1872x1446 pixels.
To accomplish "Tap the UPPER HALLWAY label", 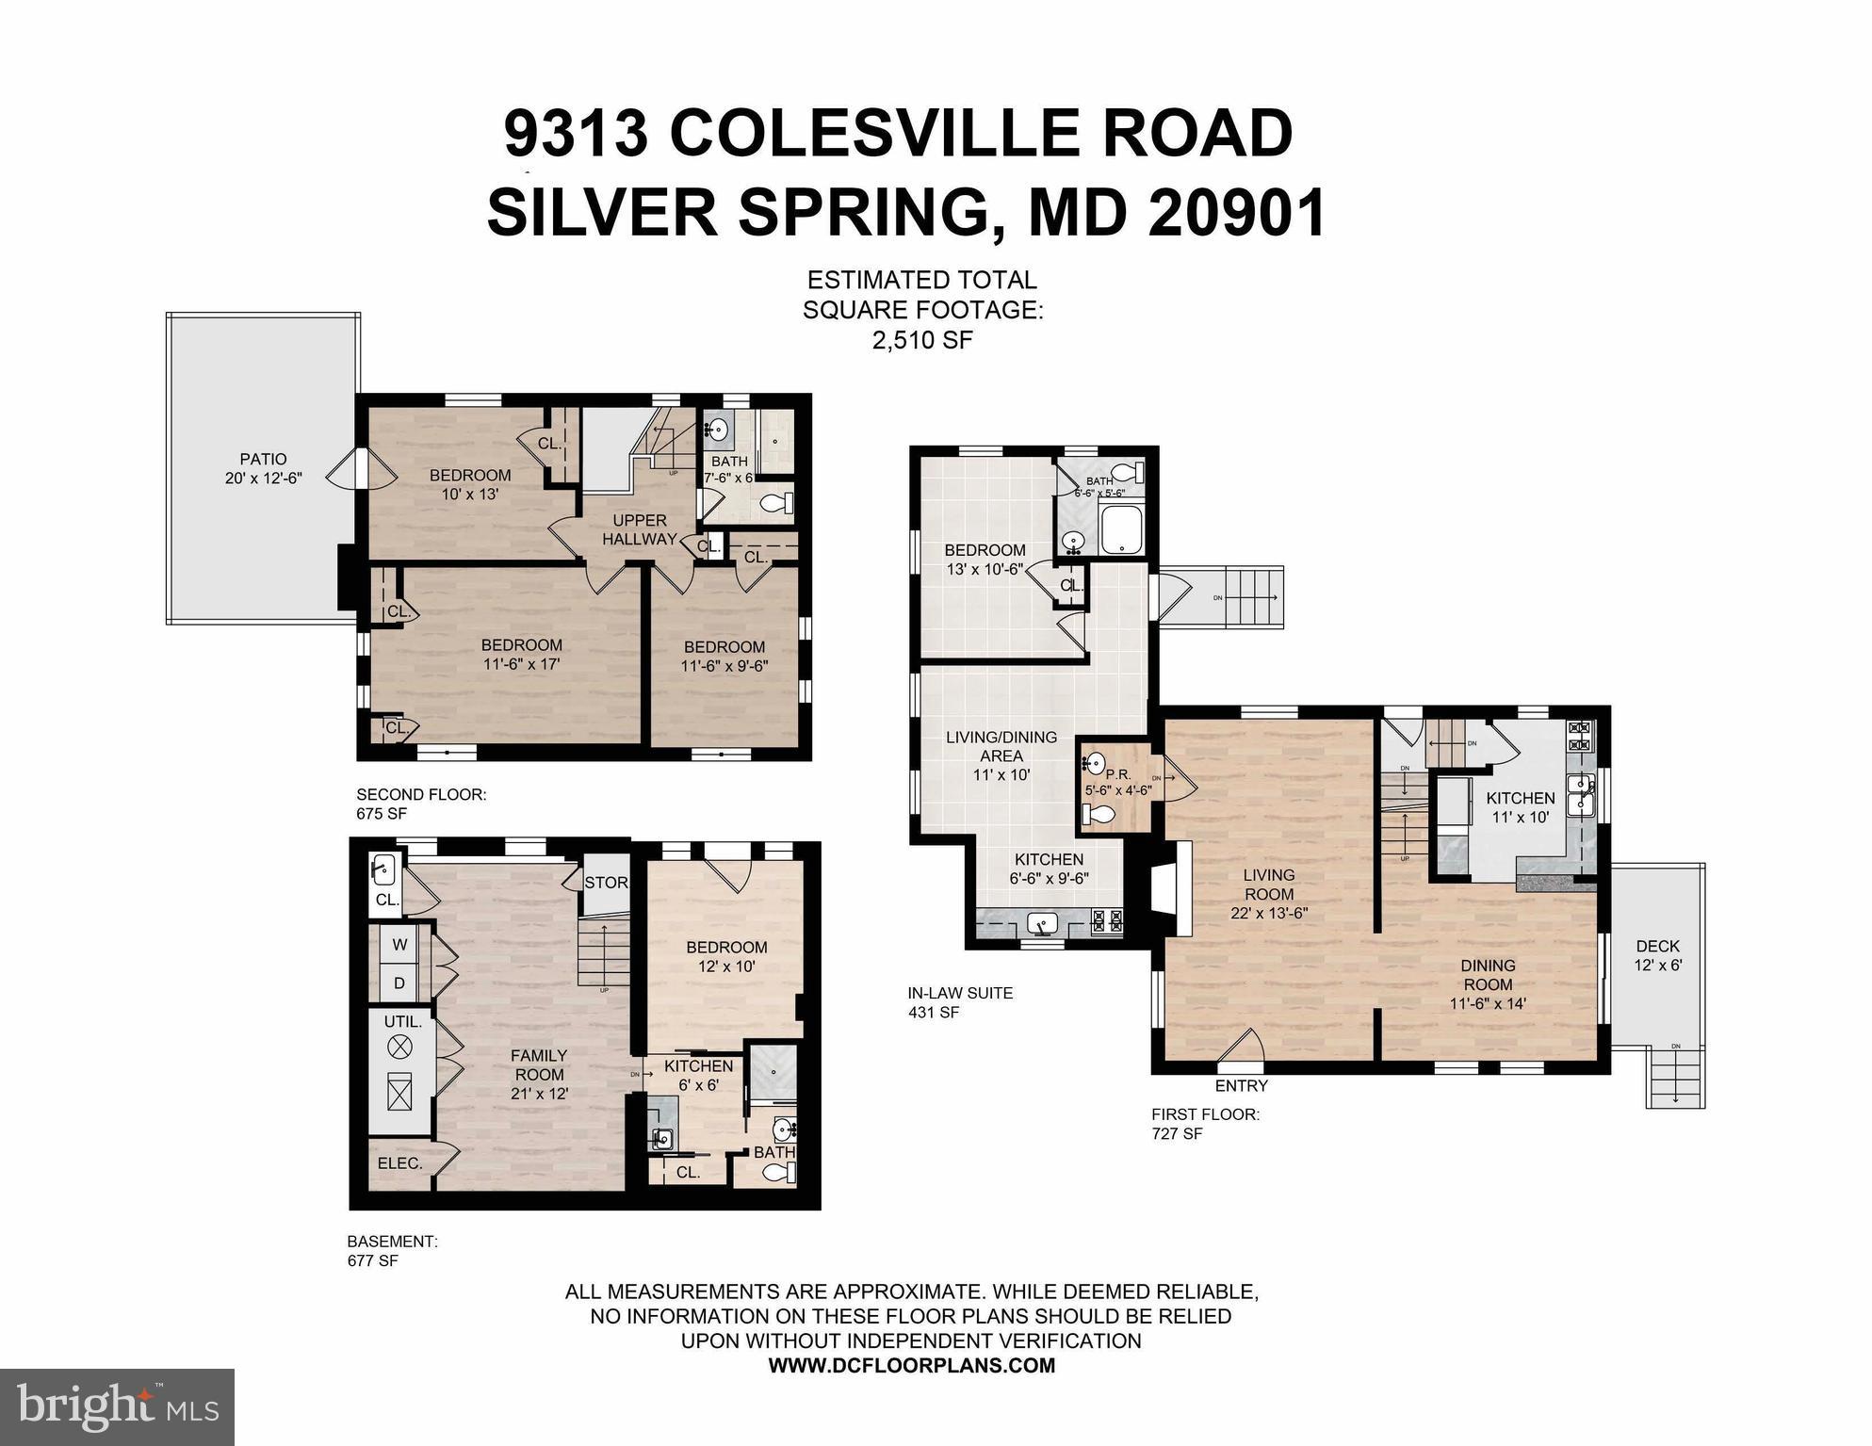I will point(640,529).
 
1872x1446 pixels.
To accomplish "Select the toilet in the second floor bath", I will point(776,504).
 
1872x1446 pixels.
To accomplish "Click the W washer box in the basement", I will point(399,945).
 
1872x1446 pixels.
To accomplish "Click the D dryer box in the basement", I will point(399,983).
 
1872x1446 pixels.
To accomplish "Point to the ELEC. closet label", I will point(399,1163).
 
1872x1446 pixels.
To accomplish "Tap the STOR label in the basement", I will point(606,883).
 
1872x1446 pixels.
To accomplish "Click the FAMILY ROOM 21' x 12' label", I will point(539,1074).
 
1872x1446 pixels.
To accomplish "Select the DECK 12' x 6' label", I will point(1657,955).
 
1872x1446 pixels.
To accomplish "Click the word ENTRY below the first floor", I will point(1241,1085).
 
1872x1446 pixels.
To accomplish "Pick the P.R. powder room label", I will point(1117,775).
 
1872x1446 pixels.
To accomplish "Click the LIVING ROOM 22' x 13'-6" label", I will point(1269,893).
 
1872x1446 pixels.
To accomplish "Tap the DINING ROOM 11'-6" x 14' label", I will point(1488,983).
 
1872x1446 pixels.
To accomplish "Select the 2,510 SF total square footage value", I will point(921,340).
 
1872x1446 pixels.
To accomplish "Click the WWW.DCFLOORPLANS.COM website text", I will point(911,1365).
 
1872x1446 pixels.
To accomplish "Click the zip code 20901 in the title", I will point(1237,212).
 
